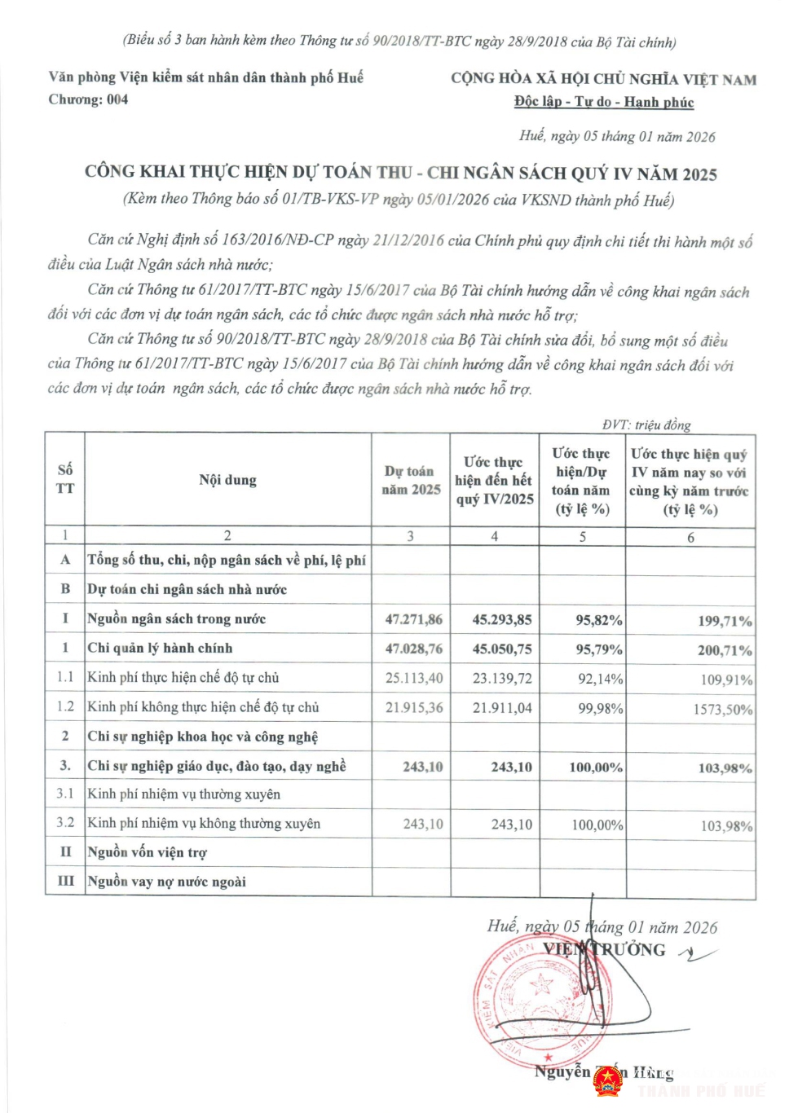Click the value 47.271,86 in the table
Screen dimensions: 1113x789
(413, 619)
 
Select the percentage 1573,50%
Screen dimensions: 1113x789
(722, 709)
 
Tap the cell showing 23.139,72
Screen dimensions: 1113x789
(502, 678)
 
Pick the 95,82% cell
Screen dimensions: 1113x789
(598, 620)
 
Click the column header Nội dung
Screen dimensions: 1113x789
(227, 480)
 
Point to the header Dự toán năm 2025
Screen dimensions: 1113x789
(412, 480)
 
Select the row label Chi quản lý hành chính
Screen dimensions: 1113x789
(160, 649)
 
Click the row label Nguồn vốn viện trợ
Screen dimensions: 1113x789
(147, 852)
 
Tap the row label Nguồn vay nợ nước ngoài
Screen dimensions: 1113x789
(166, 882)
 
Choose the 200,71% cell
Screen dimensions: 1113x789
(724, 650)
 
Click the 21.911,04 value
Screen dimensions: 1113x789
(502, 708)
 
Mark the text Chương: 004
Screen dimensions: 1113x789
(88, 99)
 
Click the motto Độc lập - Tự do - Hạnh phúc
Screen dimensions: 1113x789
(603, 102)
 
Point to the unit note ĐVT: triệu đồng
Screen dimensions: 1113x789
(646, 425)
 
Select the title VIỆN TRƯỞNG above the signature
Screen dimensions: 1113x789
(604, 949)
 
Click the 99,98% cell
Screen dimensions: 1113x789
(600, 708)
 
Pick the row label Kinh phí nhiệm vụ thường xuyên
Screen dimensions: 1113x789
(183, 794)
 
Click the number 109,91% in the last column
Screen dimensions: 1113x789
(725, 680)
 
